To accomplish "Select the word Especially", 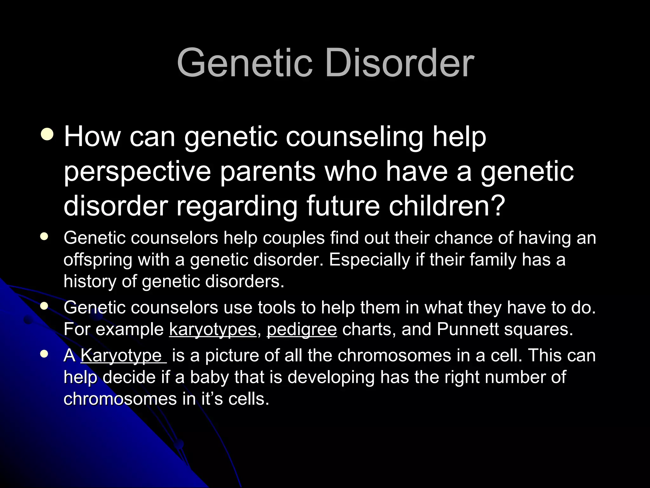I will [369, 260].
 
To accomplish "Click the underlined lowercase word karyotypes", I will [213, 329].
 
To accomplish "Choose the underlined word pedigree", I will [302, 329].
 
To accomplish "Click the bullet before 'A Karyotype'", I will [44, 354].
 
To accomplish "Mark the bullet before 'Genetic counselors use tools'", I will [44, 306].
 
